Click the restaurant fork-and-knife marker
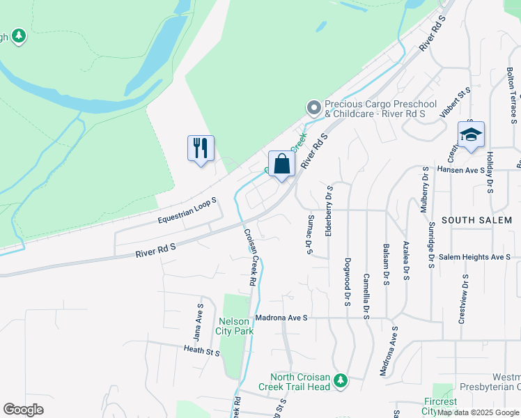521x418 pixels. (x=201, y=148)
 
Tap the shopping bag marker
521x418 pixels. (x=282, y=164)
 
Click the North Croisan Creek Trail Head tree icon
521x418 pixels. (x=340, y=380)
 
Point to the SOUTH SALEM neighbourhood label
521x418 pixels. (x=477, y=220)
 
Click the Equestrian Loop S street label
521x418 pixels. (x=187, y=210)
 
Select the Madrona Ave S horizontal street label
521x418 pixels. (x=281, y=318)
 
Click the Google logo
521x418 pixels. (x=24, y=410)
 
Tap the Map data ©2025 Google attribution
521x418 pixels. (x=479, y=412)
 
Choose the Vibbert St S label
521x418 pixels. (x=456, y=102)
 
